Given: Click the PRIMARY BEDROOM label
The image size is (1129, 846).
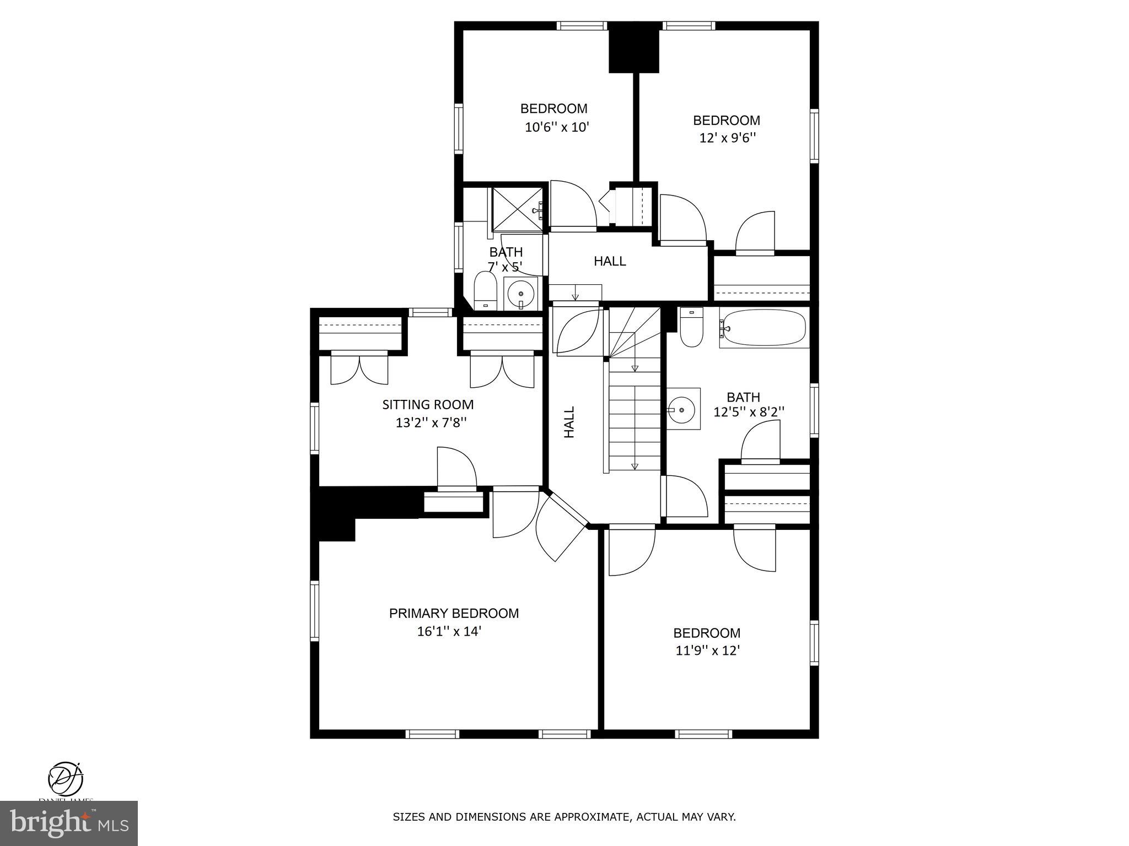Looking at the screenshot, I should [x=454, y=613].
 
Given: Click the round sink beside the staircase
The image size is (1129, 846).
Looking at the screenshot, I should [x=683, y=409].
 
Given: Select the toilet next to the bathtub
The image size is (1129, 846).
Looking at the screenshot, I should [x=691, y=327].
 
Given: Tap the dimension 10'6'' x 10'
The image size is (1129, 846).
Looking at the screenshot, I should [x=557, y=127].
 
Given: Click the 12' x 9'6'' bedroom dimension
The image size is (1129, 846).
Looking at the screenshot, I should [x=727, y=138].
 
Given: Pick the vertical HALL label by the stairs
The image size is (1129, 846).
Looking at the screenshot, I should [x=569, y=422].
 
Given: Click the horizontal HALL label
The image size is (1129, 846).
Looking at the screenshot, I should [x=610, y=261].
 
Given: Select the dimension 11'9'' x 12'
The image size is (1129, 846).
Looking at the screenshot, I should [x=707, y=650].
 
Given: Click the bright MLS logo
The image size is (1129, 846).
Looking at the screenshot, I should [x=69, y=823].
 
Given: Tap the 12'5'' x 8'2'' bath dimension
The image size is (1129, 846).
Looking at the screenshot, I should [x=749, y=411].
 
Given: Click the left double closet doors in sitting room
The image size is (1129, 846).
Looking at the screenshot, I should [x=359, y=369].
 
